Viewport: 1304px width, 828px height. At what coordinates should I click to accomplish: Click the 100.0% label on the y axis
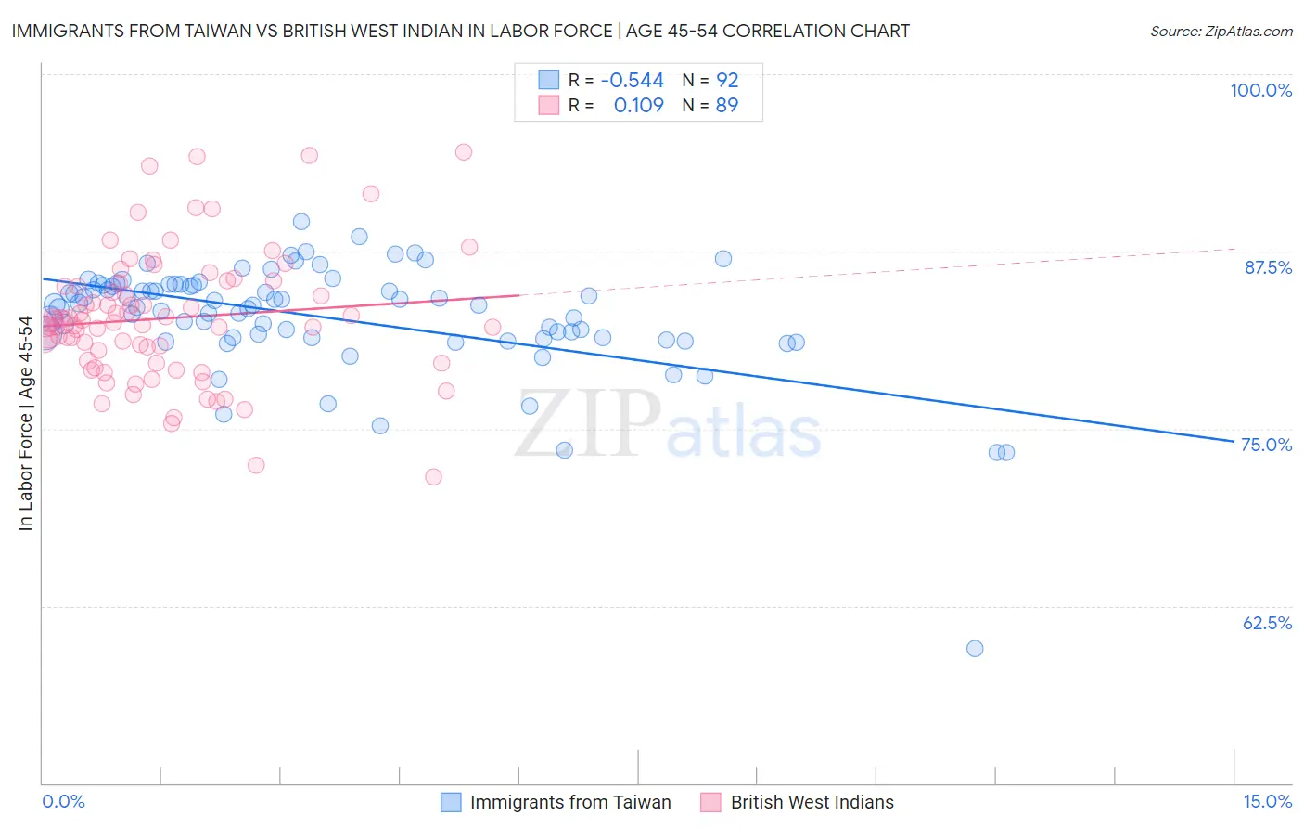click(x=1260, y=90)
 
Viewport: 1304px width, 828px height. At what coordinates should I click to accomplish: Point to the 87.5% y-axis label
click(x=1268, y=267)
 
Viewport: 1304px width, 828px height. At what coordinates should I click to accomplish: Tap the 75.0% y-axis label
click(x=1266, y=445)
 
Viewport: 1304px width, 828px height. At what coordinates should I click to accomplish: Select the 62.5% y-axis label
click(x=1267, y=623)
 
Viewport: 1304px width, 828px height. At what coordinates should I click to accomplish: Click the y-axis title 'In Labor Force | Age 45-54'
click(x=25, y=423)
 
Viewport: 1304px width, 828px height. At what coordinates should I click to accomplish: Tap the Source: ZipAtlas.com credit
click(x=1221, y=31)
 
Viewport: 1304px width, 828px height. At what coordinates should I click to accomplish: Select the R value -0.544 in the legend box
click(x=632, y=80)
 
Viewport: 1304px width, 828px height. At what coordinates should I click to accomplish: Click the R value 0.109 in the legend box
click(x=638, y=106)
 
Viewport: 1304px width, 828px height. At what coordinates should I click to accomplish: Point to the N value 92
click(x=726, y=80)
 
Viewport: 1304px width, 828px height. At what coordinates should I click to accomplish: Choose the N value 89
click(x=726, y=106)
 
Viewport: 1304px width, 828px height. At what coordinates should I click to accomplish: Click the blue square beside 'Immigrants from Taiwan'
click(x=451, y=802)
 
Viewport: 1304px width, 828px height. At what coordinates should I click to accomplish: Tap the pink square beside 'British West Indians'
click(x=711, y=802)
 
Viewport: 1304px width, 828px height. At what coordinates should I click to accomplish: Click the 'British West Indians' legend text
click(x=812, y=802)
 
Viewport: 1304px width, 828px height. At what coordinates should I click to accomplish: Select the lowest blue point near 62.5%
click(x=974, y=649)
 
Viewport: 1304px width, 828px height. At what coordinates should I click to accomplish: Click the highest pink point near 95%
click(x=464, y=151)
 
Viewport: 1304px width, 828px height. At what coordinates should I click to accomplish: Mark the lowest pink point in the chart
click(x=433, y=477)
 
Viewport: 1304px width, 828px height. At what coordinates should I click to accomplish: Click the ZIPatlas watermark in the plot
click(x=668, y=425)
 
